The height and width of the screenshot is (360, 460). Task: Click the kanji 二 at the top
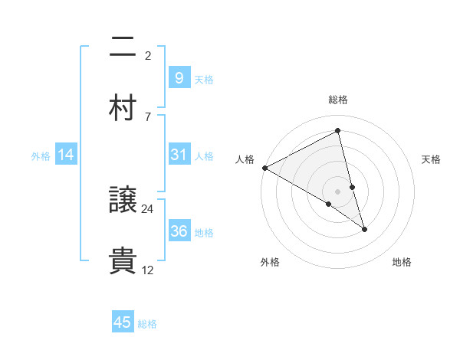pyautogui.click(x=123, y=47)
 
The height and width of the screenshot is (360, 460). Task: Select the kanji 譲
pyautogui.click(x=123, y=200)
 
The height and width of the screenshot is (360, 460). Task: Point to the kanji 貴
pyautogui.click(x=123, y=260)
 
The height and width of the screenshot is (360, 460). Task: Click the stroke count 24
pyautogui.click(x=148, y=209)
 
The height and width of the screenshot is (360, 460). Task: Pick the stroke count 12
pyautogui.click(x=148, y=269)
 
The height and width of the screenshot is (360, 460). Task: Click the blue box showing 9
pyautogui.click(x=179, y=78)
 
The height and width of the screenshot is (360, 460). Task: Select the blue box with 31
pyautogui.click(x=179, y=155)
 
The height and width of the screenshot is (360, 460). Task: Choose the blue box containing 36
pyautogui.click(x=179, y=231)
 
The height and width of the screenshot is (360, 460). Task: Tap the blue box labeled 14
pyautogui.click(x=66, y=155)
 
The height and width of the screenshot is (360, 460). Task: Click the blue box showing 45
pyautogui.click(x=123, y=322)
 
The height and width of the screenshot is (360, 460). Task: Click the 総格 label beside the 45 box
pyautogui.click(x=147, y=324)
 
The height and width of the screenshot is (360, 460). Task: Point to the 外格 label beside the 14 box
pyautogui.click(x=41, y=156)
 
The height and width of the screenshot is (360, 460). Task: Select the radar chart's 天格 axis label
pyautogui.click(x=432, y=159)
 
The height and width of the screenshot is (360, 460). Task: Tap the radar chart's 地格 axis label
pyautogui.click(x=402, y=263)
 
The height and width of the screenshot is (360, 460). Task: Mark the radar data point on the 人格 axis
pyautogui.click(x=264, y=168)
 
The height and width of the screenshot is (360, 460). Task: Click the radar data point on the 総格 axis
pyautogui.click(x=337, y=132)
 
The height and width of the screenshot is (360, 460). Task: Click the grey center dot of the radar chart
pyautogui.click(x=337, y=191)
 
